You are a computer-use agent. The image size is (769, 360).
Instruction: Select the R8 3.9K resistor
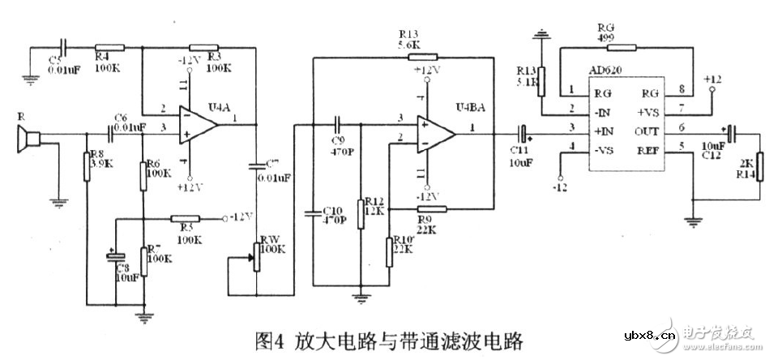(86, 165)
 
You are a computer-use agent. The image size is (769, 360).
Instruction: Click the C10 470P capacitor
(315, 213)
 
